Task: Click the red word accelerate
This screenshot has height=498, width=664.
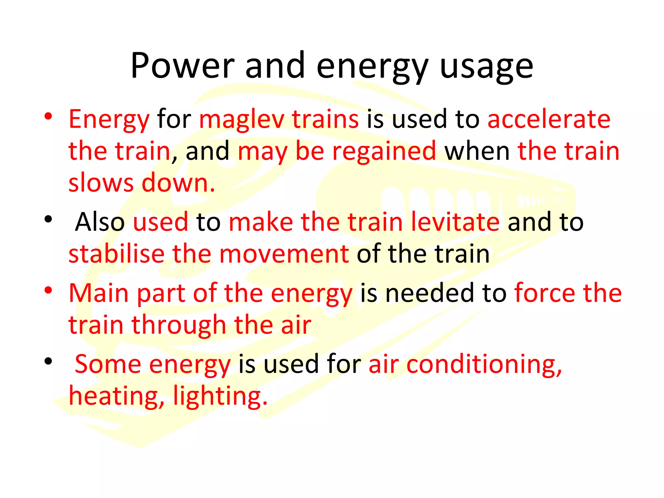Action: pos(549,119)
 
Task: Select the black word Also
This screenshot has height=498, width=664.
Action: pos(100,222)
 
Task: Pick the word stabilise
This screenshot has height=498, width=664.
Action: pos(116,254)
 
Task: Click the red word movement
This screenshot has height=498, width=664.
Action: pos(284,254)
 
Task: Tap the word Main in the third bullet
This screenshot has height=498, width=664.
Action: pos(99,293)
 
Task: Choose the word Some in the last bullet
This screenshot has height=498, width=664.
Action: pos(108,364)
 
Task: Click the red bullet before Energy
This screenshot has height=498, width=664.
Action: pos(48,116)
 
